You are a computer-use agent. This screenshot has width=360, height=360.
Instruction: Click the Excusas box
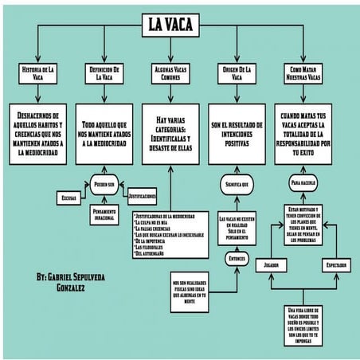pyautogui.click(x=68, y=196)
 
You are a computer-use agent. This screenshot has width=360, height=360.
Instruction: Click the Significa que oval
pyautogui.click(x=237, y=185)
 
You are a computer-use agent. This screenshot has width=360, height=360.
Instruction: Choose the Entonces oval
pyautogui.click(x=237, y=258)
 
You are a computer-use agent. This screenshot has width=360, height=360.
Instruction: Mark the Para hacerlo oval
pyautogui.click(x=303, y=183)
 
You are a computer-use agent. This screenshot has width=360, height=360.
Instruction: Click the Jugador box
pyautogui.click(x=272, y=263)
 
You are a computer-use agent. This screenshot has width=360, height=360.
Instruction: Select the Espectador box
pyautogui.click(x=335, y=263)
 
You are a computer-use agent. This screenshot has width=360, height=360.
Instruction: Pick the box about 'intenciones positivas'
pyautogui.click(x=237, y=132)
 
